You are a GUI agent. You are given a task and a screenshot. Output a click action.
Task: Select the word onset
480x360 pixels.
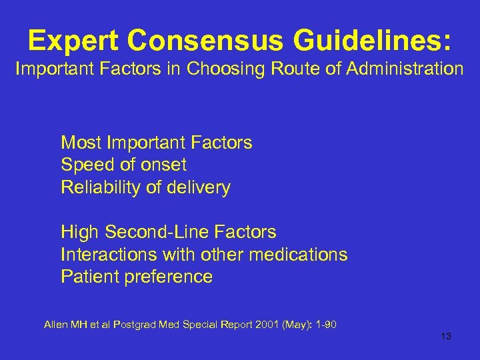click(x=163, y=165)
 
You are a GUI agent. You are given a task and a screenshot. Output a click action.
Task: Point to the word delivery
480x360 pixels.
click(x=199, y=188)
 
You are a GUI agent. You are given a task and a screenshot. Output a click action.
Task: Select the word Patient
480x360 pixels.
click(x=87, y=277)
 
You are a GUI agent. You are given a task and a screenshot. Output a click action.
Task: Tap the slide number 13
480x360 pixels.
click(x=446, y=337)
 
